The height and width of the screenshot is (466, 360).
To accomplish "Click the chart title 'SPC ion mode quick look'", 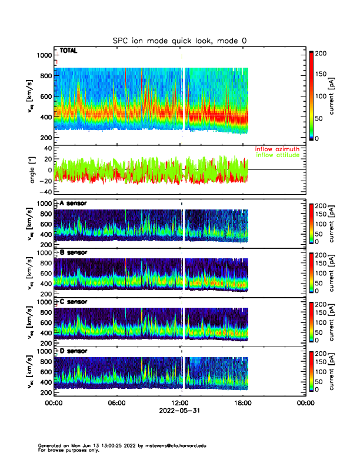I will click(x=180, y=40).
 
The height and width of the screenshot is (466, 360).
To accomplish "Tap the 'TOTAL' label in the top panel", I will click(x=69, y=51).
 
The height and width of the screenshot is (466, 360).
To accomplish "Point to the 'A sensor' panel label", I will click(x=74, y=204).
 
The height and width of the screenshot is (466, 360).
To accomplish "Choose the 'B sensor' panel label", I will click(x=74, y=252).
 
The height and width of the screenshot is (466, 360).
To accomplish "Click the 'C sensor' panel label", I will click(x=74, y=302).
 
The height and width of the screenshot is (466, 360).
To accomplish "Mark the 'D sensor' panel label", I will click(x=74, y=351).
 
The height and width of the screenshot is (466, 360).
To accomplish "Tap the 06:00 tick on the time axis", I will click(x=116, y=403).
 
